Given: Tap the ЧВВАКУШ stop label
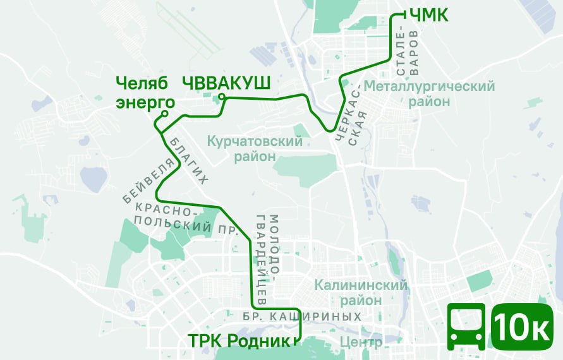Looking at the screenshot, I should pyautogui.click(x=226, y=83).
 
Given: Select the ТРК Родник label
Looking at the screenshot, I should pyautogui.click(x=239, y=341).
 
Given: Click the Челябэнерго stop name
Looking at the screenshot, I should pyautogui.click(x=145, y=92).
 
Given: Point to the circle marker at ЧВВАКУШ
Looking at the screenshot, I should pyautogui.click(x=222, y=97).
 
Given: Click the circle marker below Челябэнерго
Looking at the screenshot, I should pyautogui.click(x=164, y=114).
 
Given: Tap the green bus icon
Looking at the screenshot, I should pyautogui.click(x=466, y=326).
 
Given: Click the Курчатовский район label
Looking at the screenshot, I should pyautogui.click(x=255, y=148).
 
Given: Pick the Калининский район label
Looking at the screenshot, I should pyautogui.click(x=361, y=293).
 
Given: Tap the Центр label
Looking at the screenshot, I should pyautogui.click(x=361, y=343).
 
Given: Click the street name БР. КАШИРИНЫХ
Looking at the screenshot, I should pyautogui.click(x=302, y=316).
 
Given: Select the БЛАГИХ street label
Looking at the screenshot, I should pyautogui.click(x=188, y=160).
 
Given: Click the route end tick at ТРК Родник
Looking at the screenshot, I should pyautogui.click(x=295, y=342).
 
